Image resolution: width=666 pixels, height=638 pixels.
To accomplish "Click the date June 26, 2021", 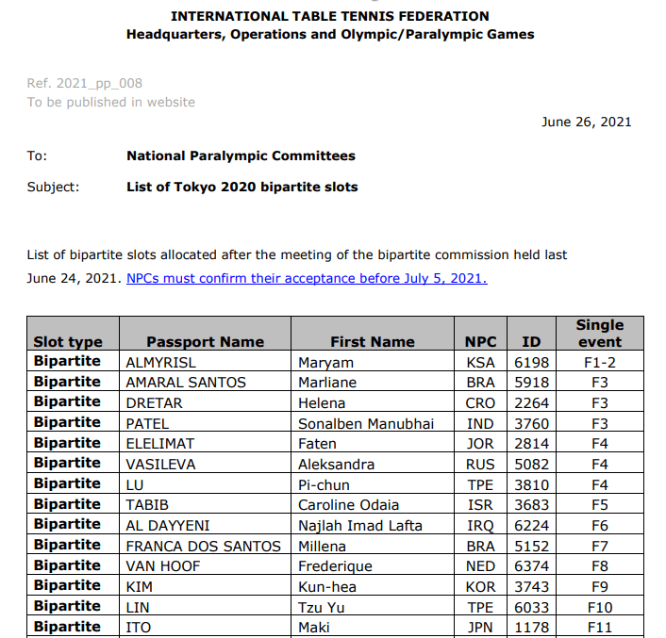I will point(586,122).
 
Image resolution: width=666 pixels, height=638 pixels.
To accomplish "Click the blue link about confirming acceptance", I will point(307,278).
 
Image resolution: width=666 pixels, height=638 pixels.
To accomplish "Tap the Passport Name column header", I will point(205,342).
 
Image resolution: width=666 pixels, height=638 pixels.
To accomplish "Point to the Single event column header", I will point(599,333).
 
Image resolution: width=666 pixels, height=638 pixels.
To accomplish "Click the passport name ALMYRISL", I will point(161,362).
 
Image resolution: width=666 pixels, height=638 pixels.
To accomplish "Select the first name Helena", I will point(322,402).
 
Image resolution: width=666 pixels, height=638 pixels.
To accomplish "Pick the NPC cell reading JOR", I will point(480,444).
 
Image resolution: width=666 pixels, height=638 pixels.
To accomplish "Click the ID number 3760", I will point(531,423).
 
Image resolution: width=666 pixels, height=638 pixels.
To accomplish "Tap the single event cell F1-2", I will point(599,362).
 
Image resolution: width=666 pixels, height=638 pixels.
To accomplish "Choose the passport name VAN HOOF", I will point(164,566).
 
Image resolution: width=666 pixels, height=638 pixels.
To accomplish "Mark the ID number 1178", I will point(531,627).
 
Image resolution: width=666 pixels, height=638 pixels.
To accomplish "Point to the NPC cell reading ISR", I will point(480,505).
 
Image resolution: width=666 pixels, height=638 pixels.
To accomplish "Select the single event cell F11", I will point(599,627).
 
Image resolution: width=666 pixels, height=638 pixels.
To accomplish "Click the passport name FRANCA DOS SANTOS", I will point(204,546).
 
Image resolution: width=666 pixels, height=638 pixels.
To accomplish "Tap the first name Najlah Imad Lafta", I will point(360,525).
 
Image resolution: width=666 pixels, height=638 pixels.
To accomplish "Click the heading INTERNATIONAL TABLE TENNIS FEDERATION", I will point(330,16).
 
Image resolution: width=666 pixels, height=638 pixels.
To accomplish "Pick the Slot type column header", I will point(68,342).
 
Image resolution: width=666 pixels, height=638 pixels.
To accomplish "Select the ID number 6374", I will point(531,566).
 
